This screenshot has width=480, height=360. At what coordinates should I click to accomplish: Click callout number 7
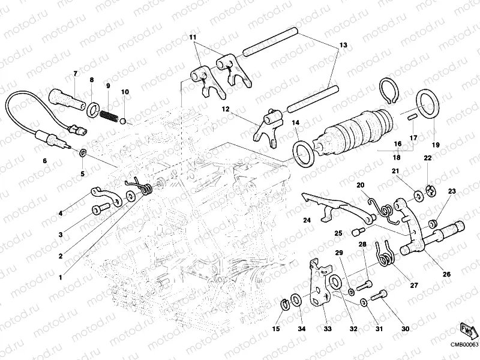76,74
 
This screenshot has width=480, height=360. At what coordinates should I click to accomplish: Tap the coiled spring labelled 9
110,113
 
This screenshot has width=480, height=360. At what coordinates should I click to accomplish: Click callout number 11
193,38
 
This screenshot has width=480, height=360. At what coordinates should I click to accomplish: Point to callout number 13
343,46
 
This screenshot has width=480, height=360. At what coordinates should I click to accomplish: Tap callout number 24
307,220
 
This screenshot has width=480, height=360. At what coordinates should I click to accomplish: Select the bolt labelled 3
100,209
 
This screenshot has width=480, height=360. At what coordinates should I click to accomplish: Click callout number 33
327,328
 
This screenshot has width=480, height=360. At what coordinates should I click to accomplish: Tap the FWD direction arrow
467,330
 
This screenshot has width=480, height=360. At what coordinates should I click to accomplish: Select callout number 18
397,157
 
